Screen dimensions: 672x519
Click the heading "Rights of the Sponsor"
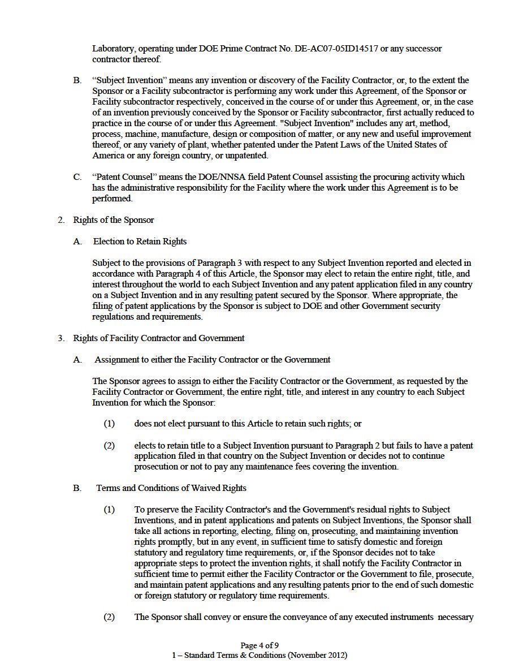pyautogui.click(x=113, y=219)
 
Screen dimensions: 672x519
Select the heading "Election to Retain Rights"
pyautogui.click(x=140, y=241)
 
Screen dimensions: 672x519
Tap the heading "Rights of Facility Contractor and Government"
pyautogui.click(x=158, y=338)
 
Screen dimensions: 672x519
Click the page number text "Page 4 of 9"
pyautogui.click(x=259, y=645)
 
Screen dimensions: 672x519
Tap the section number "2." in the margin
pyautogui.click(x=61, y=219)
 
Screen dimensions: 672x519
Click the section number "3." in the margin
pyautogui.click(x=61, y=338)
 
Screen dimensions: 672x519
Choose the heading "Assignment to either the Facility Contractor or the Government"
pyautogui.click(x=212, y=359)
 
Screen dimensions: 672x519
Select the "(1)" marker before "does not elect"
pyautogui.click(x=109, y=423)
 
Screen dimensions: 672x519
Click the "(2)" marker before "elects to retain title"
pyautogui.click(x=109, y=445)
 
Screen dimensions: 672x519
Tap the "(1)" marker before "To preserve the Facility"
pyautogui.click(x=109, y=510)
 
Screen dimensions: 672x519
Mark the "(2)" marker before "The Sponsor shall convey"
pyautogui.click(x=109, y=617)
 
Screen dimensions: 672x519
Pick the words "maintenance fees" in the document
pyautogui.click(x=308, y=467)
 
